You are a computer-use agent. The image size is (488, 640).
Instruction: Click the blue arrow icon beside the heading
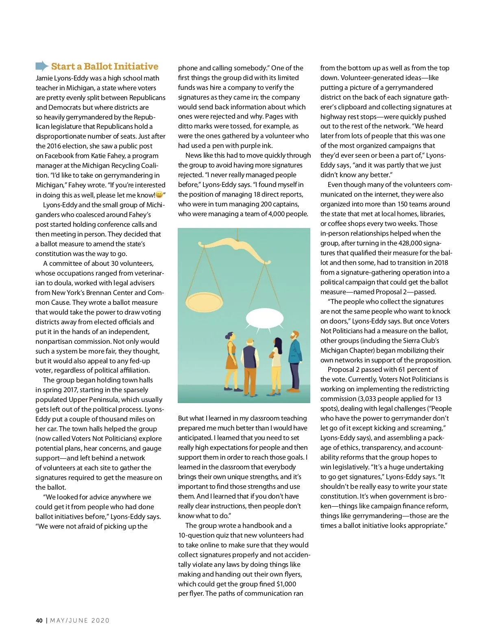point(42,66)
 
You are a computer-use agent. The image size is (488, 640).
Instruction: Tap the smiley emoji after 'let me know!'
point(159,195)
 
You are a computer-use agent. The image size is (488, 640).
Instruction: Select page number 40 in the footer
point(39,620)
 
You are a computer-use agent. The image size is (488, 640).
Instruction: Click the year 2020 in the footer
point(100,620)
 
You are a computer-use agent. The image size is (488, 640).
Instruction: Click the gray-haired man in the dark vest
point(250,366)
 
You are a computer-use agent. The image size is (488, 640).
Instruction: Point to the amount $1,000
point(286,584)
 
